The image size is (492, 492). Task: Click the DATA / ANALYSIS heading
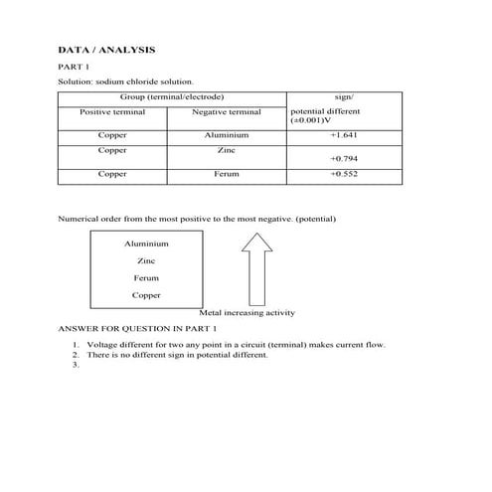(106, 49)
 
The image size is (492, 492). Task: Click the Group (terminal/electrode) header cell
(171, 96)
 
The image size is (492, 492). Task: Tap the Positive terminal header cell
(112, 112)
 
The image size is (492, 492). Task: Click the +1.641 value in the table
(345, 134)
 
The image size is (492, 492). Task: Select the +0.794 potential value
(345, 158)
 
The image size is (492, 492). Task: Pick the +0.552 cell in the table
(345, 174)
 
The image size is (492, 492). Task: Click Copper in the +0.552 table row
(112, 174)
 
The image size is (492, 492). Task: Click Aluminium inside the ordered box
(146, 244)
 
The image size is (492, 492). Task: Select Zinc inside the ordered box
(146, 260)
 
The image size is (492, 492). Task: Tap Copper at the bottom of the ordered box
(146, 295)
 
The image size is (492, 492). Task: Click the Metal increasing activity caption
(247, 313)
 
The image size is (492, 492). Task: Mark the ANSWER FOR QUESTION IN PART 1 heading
(137, 327)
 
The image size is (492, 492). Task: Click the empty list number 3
(76, 365)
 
